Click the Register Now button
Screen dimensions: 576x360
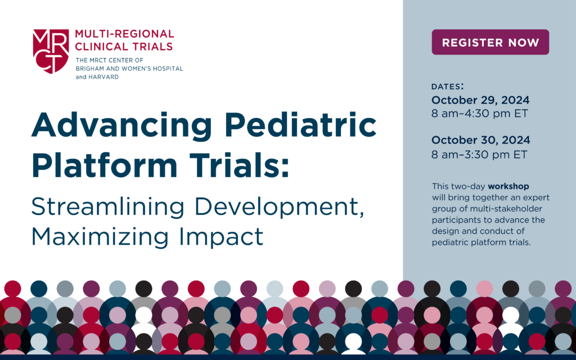point(490,42)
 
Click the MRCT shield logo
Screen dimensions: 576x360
point(51,51)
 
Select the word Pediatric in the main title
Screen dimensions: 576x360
point(300,124)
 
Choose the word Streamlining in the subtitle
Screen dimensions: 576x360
point(107,208)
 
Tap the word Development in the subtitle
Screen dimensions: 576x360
point(280,208)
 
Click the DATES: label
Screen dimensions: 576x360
point(447,86)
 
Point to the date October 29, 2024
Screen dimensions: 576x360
point(480,100)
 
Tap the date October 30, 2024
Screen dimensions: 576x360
point(480,140)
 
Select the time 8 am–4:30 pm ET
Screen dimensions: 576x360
point(480,114)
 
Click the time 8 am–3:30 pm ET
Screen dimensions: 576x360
point(479,154)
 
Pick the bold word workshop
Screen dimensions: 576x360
point(508,186)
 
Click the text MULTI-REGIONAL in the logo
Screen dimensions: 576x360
point(124,34)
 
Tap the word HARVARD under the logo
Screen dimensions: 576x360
point(103,77)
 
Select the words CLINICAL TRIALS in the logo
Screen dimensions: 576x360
point(124,47)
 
